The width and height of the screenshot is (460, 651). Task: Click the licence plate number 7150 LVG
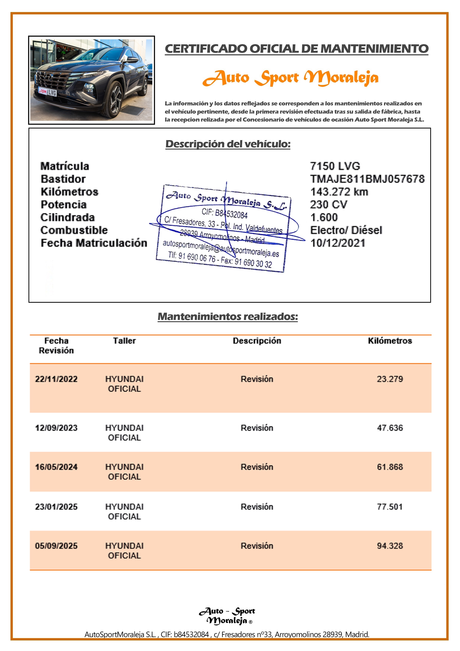point(335,166)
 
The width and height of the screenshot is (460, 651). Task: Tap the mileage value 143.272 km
point(339,192)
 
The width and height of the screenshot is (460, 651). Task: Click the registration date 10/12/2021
point(338,243)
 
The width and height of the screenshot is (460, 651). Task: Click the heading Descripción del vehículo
point(228,144)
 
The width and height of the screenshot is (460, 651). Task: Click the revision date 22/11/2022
point(56,379)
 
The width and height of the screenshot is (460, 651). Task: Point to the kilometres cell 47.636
point(390,428)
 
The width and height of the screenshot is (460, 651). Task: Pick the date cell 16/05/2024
point(56,467)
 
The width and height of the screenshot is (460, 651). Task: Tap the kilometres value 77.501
point(390,507)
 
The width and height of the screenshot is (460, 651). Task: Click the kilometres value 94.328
point(390,546)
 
